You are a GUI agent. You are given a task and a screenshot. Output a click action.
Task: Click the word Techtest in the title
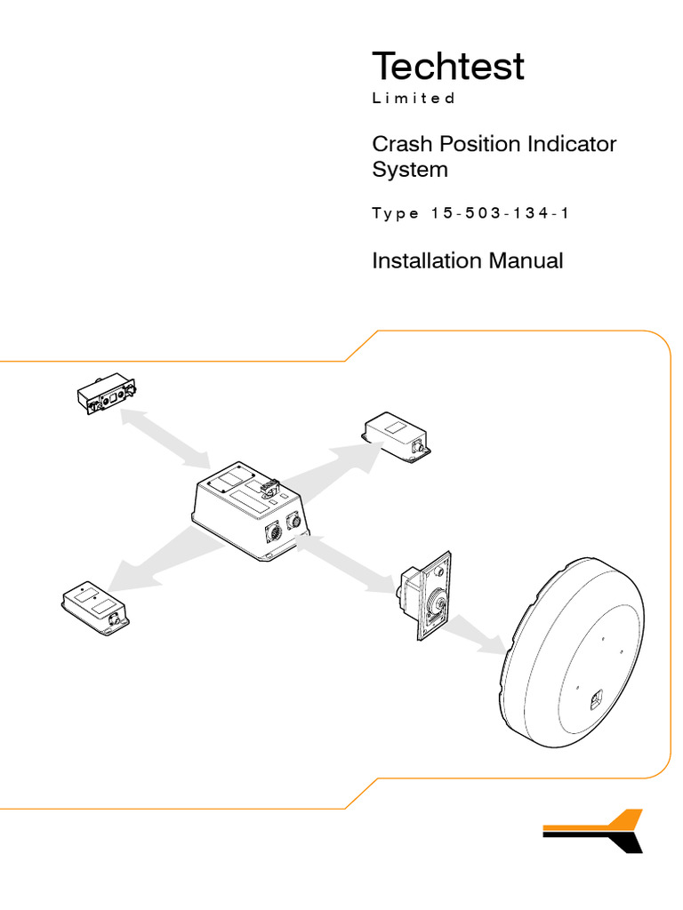tap(447, 68)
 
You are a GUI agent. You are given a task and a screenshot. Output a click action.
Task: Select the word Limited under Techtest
tap(414, 99)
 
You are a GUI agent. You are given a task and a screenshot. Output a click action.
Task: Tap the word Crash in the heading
tap(399, 144)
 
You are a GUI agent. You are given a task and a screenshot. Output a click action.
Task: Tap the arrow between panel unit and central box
tap(165, 436)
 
